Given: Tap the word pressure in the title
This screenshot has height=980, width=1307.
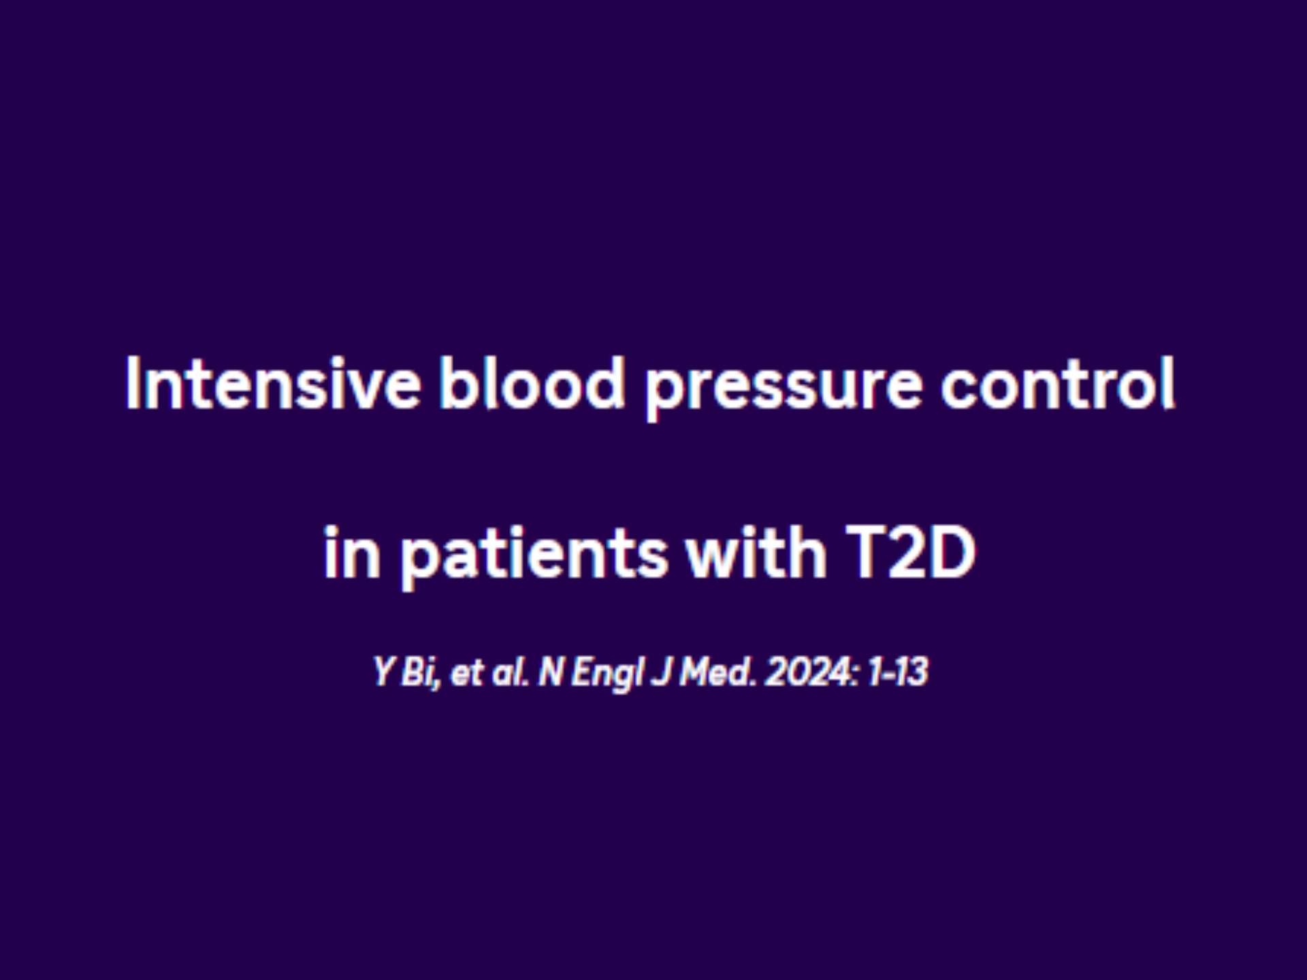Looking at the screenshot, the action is click(784, 391).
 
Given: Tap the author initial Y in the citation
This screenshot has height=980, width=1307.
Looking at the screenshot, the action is click(383, 672).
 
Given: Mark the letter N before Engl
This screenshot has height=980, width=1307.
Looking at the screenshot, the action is click(551, 672).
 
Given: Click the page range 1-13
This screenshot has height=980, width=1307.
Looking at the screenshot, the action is click(898, 672).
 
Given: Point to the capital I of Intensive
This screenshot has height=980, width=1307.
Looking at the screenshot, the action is click(132, 383).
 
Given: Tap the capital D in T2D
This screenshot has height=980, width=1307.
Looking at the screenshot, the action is click(951, 553).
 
